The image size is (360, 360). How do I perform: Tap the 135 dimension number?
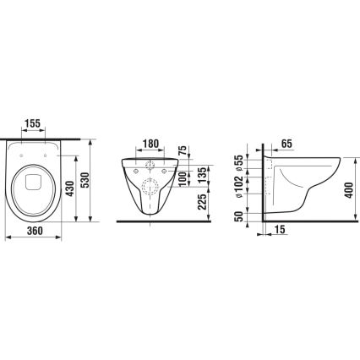pyautogui.click(x=204, y=176)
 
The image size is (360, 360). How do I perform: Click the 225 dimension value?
pyautogui.click(x=204, y=203)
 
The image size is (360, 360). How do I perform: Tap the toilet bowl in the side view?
pyautogui.click(x=308, y=182)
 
